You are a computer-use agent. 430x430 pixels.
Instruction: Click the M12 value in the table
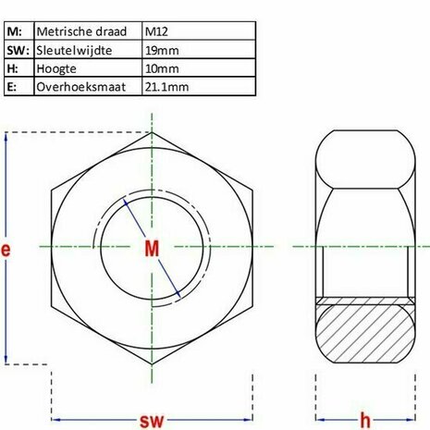159,31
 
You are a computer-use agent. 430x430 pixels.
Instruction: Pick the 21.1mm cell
166,87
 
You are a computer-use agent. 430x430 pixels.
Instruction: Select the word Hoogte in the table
57,68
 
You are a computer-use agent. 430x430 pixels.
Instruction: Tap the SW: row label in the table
18,50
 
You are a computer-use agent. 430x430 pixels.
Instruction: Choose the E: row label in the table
13,87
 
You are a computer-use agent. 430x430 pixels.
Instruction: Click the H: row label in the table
13,68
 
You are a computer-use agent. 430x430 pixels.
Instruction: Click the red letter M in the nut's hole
153,248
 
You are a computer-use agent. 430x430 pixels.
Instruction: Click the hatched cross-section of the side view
364,333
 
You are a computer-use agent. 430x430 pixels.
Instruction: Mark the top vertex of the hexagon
153,132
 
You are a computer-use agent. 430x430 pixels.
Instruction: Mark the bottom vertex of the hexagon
153,363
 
